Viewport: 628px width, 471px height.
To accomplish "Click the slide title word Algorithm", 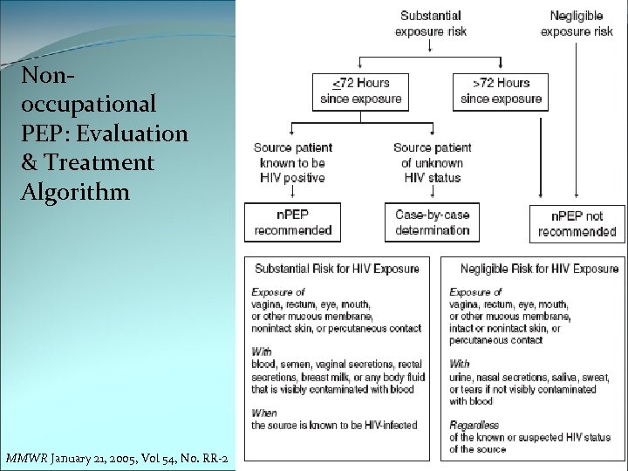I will [x=75, y=191].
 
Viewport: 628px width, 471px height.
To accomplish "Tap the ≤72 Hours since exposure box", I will [x=360, y=91].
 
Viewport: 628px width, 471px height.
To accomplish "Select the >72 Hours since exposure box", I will [x=501, y=91].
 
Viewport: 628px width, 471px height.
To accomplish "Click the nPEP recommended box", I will [x=293, y=222].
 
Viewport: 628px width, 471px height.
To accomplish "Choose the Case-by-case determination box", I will [x=433, y=222].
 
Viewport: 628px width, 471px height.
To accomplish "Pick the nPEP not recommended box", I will [x=577, y=224].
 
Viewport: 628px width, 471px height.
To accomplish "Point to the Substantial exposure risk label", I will [x=431, y=24].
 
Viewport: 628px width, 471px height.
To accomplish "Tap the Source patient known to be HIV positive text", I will [x=293, y=162].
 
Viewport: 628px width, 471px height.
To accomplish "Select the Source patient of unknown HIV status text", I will [x=433, y=162].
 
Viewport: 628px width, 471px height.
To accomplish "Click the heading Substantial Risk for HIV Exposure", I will [x=337, y=269].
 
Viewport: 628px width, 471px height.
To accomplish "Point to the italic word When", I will [x=264, y=413].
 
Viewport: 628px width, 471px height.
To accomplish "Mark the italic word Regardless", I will [x=474, y=425].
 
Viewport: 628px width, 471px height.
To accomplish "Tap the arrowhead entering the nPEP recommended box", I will [x=293, y=200].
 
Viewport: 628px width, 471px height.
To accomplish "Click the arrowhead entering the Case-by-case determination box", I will [x=433, y=200].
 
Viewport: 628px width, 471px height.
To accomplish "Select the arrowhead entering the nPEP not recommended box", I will [x=577, y=201].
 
